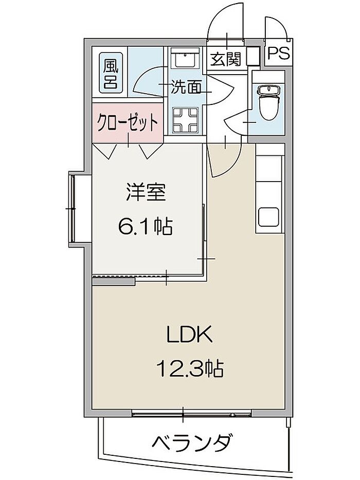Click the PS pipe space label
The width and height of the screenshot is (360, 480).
coord(279,54)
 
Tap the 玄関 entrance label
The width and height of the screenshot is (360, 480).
coord(226,59)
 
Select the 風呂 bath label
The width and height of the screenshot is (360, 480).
coord(111,74)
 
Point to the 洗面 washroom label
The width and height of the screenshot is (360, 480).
coord(186,87)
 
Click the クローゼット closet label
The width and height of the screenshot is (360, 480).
coord(128,123)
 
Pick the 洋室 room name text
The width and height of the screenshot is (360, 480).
coord(146,191)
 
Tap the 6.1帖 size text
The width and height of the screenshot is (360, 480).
coord(145,226)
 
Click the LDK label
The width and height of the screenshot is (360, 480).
coord(189,334)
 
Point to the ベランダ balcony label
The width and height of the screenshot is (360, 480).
coord(191,442)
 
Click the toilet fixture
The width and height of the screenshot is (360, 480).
coord(268,102)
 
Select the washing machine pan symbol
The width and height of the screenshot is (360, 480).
coord(185,120)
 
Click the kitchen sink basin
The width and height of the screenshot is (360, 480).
coord(268,217)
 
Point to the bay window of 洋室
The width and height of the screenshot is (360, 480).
coord(72,208)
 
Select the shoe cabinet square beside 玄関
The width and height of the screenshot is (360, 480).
coord(253,56)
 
